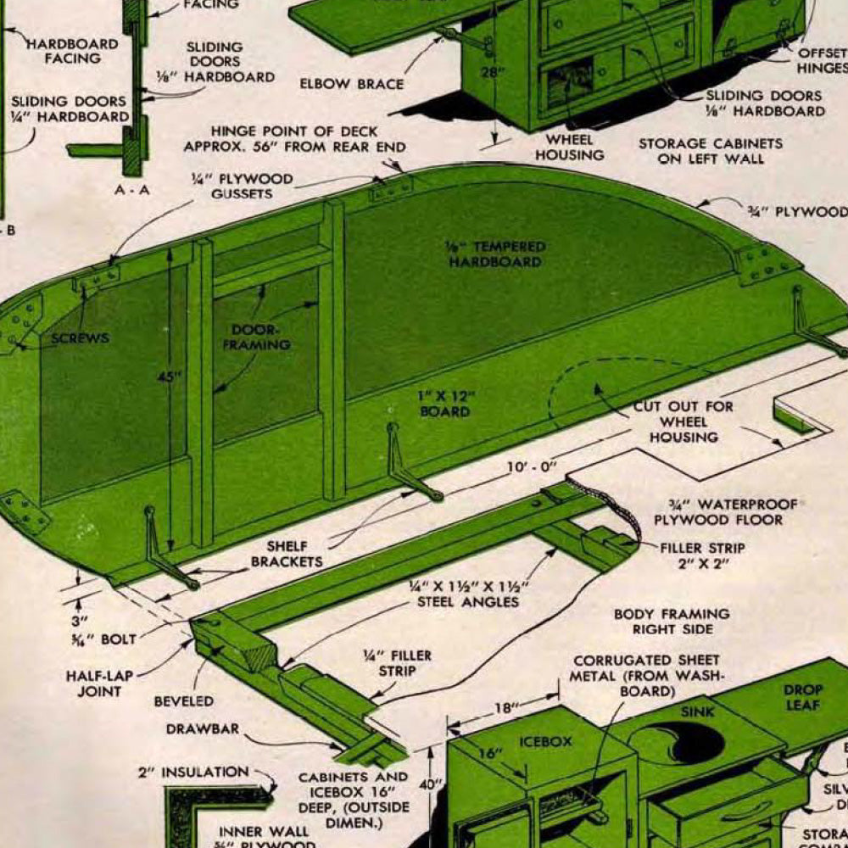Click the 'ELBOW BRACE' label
(x=351, y=84)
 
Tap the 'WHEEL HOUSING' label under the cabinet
(x=569, y=147)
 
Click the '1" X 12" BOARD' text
(x=445, y=404)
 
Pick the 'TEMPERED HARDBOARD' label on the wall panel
(x=495, y=254)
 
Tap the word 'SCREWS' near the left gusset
(x=80, y=338)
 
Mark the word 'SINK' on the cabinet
(x=698, y=712)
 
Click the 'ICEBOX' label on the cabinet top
(x=545, y=740)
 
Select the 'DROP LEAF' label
(x=801, y=697)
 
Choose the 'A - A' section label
(x=131, y=190)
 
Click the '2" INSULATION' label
(x=193, y=773)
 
